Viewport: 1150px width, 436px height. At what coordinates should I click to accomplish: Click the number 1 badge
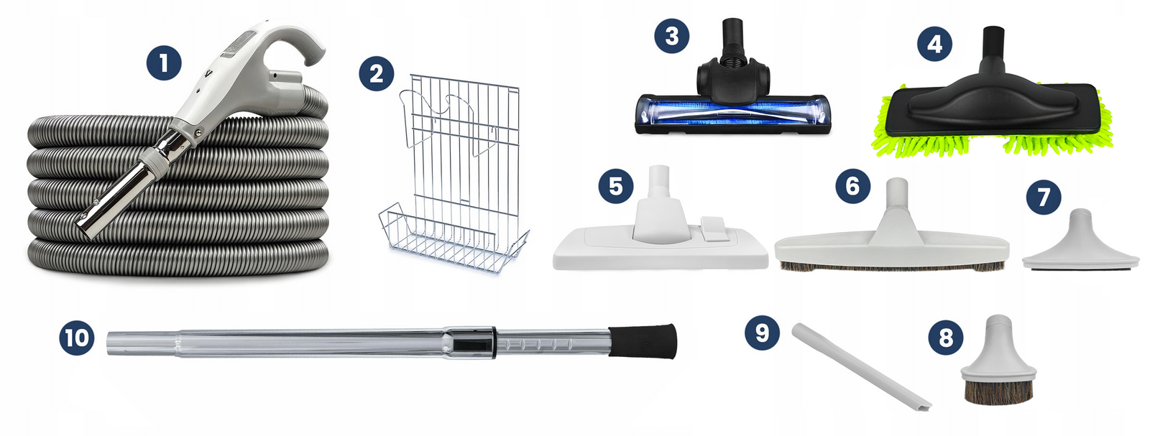tap(164, 64)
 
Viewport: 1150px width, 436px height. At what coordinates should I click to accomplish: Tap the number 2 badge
tap(377, 74)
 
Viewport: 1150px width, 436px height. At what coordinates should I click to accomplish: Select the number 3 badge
tap(671, 36)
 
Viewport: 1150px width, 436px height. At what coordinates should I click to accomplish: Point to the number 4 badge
tap(934, 44)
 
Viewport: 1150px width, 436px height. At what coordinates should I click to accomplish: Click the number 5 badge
tap(615, 186)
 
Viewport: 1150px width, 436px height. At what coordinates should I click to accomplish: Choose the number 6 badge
tap(852, 186)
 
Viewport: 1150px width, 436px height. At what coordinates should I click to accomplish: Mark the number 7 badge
tap(1043, 197)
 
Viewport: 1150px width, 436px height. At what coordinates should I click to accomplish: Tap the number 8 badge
tap(946, 338)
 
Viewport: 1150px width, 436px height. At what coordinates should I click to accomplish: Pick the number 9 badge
tap(762, 333)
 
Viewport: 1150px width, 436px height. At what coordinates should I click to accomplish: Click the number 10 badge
tap(76, 338)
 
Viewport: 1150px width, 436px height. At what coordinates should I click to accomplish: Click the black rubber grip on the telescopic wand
tap(643, 341)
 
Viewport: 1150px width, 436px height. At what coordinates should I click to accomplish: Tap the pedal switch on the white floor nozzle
tap(713, 228)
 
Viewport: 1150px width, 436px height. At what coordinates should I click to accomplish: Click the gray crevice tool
tap(861, 366)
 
